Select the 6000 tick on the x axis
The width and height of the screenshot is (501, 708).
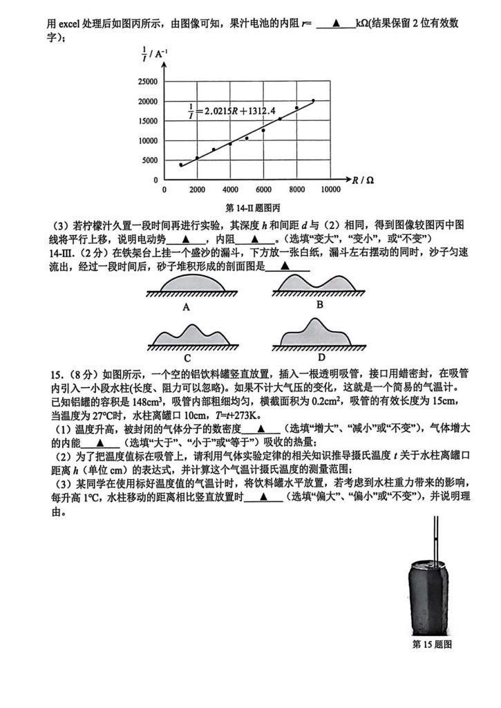point(263,189)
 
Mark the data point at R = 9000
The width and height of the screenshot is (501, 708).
point(313,100)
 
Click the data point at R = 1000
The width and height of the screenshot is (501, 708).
point(181,165)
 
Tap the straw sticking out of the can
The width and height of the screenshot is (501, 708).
point(437,539)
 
